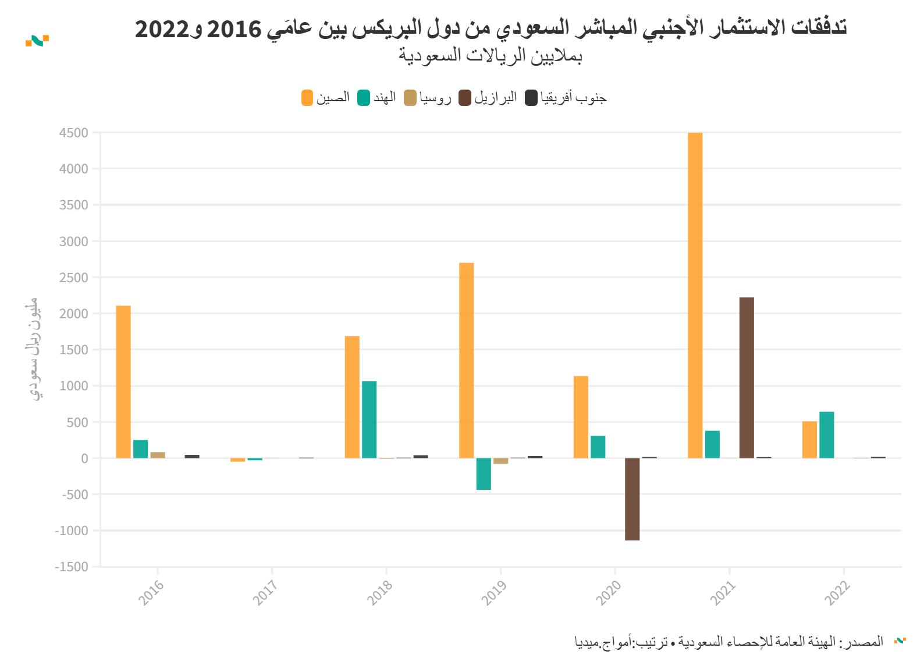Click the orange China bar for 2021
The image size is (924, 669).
click(x=695, y=296)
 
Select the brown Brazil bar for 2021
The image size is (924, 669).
click(x=747, y=378)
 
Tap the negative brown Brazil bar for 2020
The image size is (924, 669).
click(x=632, y=499)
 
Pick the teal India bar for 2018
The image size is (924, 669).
click(x=369, y=419)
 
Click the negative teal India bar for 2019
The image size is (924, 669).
click(x=484, y=474)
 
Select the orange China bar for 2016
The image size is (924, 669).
click(x=123, y=382)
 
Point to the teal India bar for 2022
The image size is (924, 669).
click(x=826, y=435)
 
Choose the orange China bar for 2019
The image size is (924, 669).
click(x=466, y=360)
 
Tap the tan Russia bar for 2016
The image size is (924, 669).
click(x=158, y=455)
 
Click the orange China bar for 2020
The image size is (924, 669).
click(x=581, y=417)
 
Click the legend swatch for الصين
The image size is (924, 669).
click(x=307, y=98)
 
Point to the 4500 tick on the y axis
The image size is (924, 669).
click(x=73, y=133)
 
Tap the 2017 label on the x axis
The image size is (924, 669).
click(x=265, y=592)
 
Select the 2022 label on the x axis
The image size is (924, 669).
click(x=837, y=592)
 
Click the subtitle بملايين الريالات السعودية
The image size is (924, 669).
click(x=491, y=56)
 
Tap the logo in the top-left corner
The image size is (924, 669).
click(x=37, y=40)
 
